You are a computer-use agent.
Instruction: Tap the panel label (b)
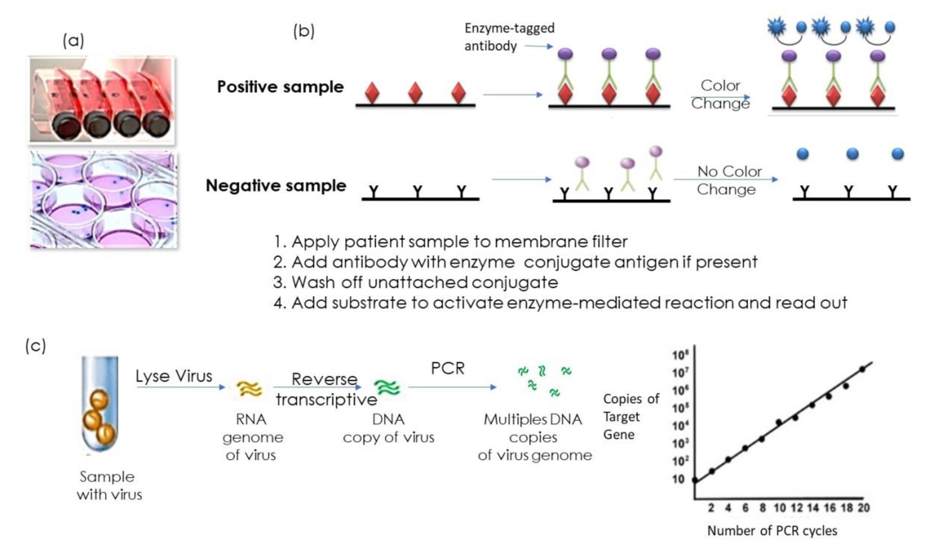pos(303,31)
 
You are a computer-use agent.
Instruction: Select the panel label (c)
pos(36,346)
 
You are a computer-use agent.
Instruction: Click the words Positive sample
pos(280,87)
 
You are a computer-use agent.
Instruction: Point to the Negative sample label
pos(276,186)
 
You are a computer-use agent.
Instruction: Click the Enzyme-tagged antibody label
pos(509,37)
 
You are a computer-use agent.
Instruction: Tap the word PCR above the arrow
pos(447,369)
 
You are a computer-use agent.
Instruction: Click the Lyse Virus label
pos(174,376)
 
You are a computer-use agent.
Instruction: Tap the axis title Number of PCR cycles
pos(772,531)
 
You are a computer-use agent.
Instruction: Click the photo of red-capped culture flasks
pos(101,100)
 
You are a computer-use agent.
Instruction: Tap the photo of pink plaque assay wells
pos(103,200)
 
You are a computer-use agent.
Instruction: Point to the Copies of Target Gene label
pos(631,417)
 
